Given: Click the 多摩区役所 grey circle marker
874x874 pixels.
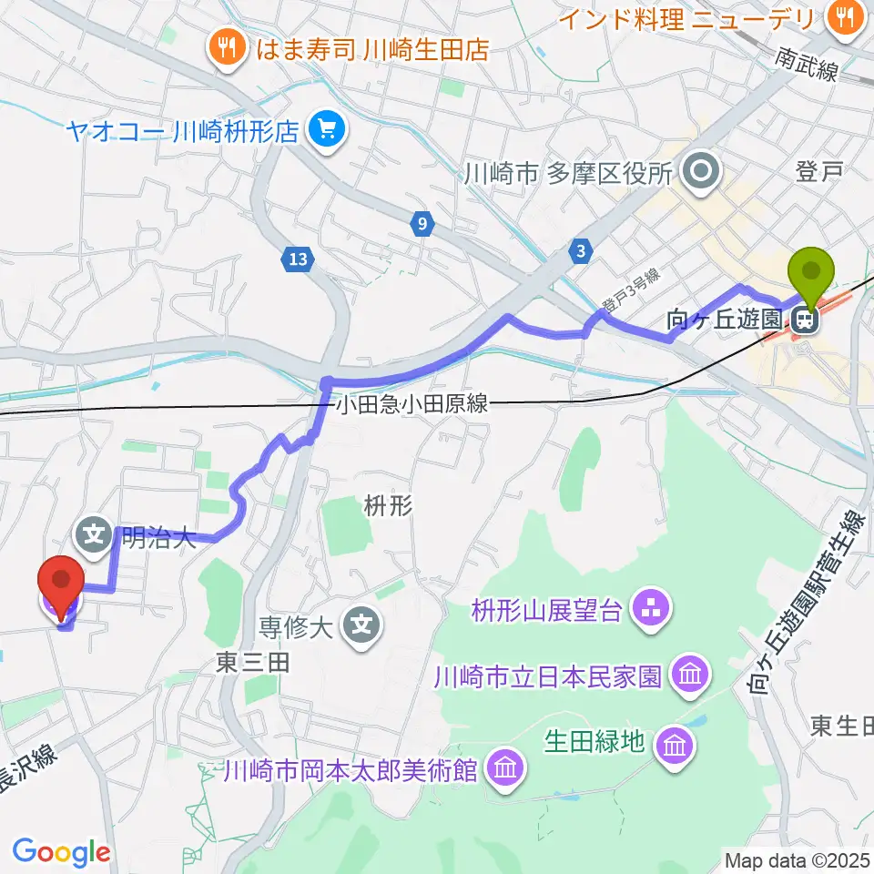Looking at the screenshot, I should pos(702,170).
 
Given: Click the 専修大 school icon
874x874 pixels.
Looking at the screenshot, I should pos(361,625).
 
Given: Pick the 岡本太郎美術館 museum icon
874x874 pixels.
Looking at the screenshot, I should pos(503,770).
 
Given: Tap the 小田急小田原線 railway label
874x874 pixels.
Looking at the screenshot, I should pos(412,404).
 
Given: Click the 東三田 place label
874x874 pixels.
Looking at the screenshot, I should pos(254,662).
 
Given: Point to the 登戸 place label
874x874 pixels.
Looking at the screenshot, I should pos(815,170).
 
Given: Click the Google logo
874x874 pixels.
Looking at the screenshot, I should pos(61,851).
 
